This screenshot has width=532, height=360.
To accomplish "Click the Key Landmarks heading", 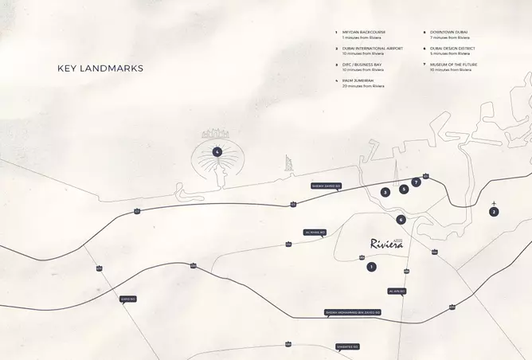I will coord(100,68).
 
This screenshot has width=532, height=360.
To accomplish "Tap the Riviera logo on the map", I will coord(387,244).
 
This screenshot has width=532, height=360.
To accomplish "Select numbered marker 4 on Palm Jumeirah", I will coord(217,151).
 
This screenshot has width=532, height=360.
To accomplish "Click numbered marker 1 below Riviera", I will coord(371,266).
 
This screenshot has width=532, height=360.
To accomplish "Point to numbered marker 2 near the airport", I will coord(494,212).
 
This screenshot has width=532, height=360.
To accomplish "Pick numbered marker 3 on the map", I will coord(385,192).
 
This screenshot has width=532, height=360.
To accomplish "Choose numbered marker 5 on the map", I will coord(404,189).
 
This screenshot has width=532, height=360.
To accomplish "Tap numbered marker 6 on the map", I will coord(401,220).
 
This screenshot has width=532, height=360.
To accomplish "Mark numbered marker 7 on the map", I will coord(416,182).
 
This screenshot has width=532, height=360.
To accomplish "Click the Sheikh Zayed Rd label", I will coord(327,186).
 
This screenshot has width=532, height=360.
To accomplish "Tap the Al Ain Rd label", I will coord(397,292).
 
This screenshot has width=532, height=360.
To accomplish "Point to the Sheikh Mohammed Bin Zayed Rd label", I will coord(352,312).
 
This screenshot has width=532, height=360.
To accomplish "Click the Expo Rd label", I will coord(127,299).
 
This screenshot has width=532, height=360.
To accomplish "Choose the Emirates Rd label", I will coord(347,346).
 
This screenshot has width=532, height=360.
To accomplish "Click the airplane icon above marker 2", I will coord(495,203).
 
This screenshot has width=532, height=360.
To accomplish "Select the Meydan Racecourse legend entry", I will coord(363,35).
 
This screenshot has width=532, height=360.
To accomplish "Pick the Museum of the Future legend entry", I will coord(451,67).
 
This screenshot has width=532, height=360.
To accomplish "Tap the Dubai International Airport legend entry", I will coord(372,51).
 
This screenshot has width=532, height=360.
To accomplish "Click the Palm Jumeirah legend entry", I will coord(363,83).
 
